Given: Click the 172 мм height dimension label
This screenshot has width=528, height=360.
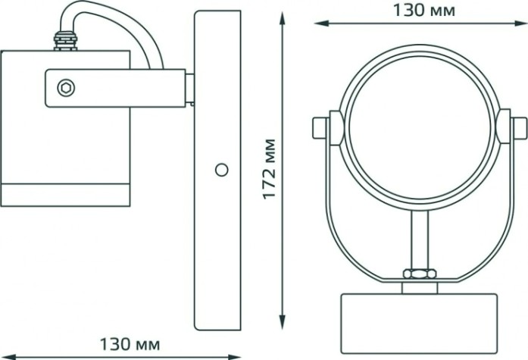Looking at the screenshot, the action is tap(270, 169).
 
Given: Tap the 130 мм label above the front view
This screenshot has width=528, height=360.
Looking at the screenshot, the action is tap(424, 11).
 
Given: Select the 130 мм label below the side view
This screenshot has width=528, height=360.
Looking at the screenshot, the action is tap(130, 344).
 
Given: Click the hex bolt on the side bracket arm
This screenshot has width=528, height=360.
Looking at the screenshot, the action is tap(66, 88).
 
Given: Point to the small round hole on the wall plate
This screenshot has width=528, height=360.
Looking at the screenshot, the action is tap(221, 170).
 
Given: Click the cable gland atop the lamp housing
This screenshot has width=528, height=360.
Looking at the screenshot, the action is tap(65, 41).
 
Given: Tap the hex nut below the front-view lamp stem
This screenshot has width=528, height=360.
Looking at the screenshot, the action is tap(420, 273).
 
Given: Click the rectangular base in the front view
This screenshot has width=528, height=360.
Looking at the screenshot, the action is tap(419, 323).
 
